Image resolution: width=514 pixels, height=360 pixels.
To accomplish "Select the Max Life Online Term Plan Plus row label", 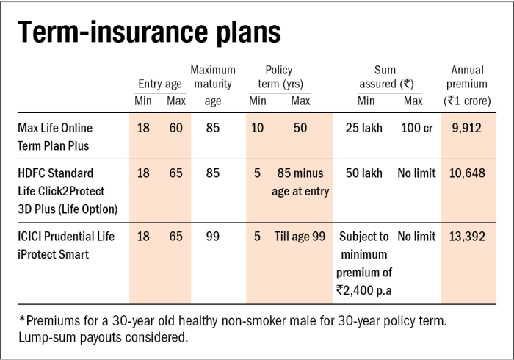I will pos(56,137).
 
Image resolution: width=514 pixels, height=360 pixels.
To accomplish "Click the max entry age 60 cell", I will pos(176,128).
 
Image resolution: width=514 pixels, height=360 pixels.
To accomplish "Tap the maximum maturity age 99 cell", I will pos(213,237).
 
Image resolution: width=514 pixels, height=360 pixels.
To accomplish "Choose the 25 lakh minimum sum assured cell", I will pos(364,128).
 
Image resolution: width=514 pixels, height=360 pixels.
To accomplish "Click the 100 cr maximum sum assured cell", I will pos(416,128).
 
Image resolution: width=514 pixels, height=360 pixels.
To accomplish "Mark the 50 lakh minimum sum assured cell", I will pos(364,173).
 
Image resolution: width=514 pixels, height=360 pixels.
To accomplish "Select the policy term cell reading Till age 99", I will pos(300,237).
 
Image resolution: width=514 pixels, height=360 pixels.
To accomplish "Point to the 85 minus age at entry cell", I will pos(300,182).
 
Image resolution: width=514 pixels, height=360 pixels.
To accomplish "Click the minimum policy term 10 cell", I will pos(258,128).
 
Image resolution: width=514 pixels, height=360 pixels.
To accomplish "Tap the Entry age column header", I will pos(160,84).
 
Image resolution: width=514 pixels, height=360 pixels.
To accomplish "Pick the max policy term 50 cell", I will pos(300,128).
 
